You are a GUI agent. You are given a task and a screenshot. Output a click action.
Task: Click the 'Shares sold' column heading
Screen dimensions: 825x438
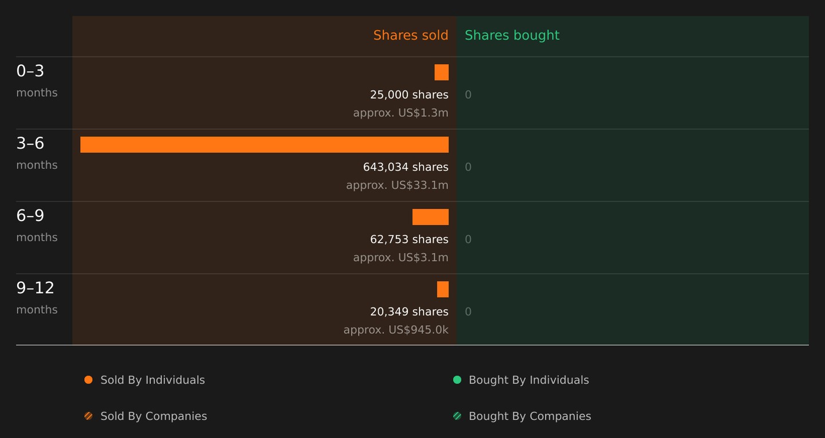click(x=411, y=35)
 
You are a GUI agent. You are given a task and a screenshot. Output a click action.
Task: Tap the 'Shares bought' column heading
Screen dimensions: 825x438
click(x=512, y=35)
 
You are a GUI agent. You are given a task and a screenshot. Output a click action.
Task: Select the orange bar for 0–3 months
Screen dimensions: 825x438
click(x=442, y=72)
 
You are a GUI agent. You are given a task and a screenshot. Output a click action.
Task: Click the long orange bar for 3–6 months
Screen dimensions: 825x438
click(x=265, y=145)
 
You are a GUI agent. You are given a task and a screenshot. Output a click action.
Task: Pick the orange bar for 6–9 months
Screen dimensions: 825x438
click(x=431, y=217)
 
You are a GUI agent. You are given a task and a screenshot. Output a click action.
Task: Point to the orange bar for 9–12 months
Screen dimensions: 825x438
click(x=443, y=289)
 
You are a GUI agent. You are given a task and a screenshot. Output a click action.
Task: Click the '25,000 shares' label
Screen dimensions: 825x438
click(x=409, y=94)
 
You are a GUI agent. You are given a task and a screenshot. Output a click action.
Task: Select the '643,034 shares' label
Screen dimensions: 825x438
click(x=406, y=167)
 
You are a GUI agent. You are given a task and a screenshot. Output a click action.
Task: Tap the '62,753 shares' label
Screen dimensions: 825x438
click(x=409, y=239)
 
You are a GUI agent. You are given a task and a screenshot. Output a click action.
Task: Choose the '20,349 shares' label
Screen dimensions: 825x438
click(x=409, y=311)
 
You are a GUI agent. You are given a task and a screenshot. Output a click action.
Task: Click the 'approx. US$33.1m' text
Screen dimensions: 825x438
click(x=397, y=185)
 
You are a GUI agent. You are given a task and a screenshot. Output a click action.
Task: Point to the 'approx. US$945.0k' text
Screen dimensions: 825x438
click(x=396, y=330)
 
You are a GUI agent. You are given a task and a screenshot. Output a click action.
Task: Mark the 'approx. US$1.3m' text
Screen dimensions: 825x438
click(x=400, y=113)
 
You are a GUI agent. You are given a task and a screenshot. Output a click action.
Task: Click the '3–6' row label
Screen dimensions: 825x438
click(x=30, y=143)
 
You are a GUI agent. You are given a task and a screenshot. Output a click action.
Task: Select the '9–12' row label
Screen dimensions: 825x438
click(x=36, y=288)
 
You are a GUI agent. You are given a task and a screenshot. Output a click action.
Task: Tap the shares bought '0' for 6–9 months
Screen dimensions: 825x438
click(x=468, y=239)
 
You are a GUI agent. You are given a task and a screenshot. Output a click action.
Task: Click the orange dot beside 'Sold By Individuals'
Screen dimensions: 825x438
click(x=88, y=380)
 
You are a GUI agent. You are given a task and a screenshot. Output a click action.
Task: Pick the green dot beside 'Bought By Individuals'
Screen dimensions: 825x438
click(x=457, y=380)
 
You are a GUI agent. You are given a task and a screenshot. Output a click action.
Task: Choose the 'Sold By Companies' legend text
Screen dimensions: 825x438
click(x=154, y=416)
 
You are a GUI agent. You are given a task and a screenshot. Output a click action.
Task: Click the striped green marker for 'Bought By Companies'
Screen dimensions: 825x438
click(x=457, y=416)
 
